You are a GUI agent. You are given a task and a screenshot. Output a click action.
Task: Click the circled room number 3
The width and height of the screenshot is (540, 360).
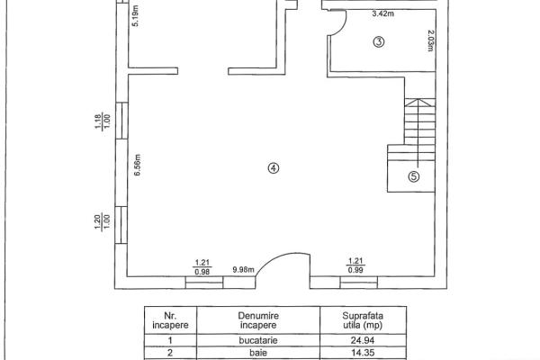379,42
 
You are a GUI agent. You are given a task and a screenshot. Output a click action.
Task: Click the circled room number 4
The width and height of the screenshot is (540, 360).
274,168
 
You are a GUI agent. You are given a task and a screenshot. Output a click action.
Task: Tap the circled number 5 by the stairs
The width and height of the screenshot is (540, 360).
414,176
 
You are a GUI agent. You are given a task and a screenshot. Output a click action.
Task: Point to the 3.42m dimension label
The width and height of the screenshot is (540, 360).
383,13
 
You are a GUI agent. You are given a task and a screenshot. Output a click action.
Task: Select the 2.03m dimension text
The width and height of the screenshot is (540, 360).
431,40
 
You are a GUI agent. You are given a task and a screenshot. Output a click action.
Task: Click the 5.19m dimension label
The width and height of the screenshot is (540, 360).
136,16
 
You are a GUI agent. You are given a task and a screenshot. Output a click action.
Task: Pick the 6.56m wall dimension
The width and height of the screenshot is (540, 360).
138,165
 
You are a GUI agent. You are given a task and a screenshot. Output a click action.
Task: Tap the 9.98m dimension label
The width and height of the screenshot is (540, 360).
243,270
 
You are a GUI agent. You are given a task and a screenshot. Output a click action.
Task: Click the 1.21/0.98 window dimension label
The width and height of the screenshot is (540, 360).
202,267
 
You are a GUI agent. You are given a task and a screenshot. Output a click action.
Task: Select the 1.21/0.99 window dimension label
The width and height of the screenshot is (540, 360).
355,266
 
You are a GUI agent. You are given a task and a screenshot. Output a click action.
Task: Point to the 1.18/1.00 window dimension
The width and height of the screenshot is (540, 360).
103,121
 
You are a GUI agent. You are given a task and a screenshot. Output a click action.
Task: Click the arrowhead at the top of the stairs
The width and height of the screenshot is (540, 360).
418,100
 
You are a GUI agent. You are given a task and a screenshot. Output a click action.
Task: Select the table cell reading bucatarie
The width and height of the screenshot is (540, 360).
258,340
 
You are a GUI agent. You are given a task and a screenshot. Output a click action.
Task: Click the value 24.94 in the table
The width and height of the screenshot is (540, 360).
363,340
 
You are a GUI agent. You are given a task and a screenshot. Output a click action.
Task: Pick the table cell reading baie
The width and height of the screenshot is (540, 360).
258,353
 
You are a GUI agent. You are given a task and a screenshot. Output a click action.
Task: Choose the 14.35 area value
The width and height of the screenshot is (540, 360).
363,353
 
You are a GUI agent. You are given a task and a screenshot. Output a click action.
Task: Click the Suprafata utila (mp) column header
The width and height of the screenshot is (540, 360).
363,320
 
